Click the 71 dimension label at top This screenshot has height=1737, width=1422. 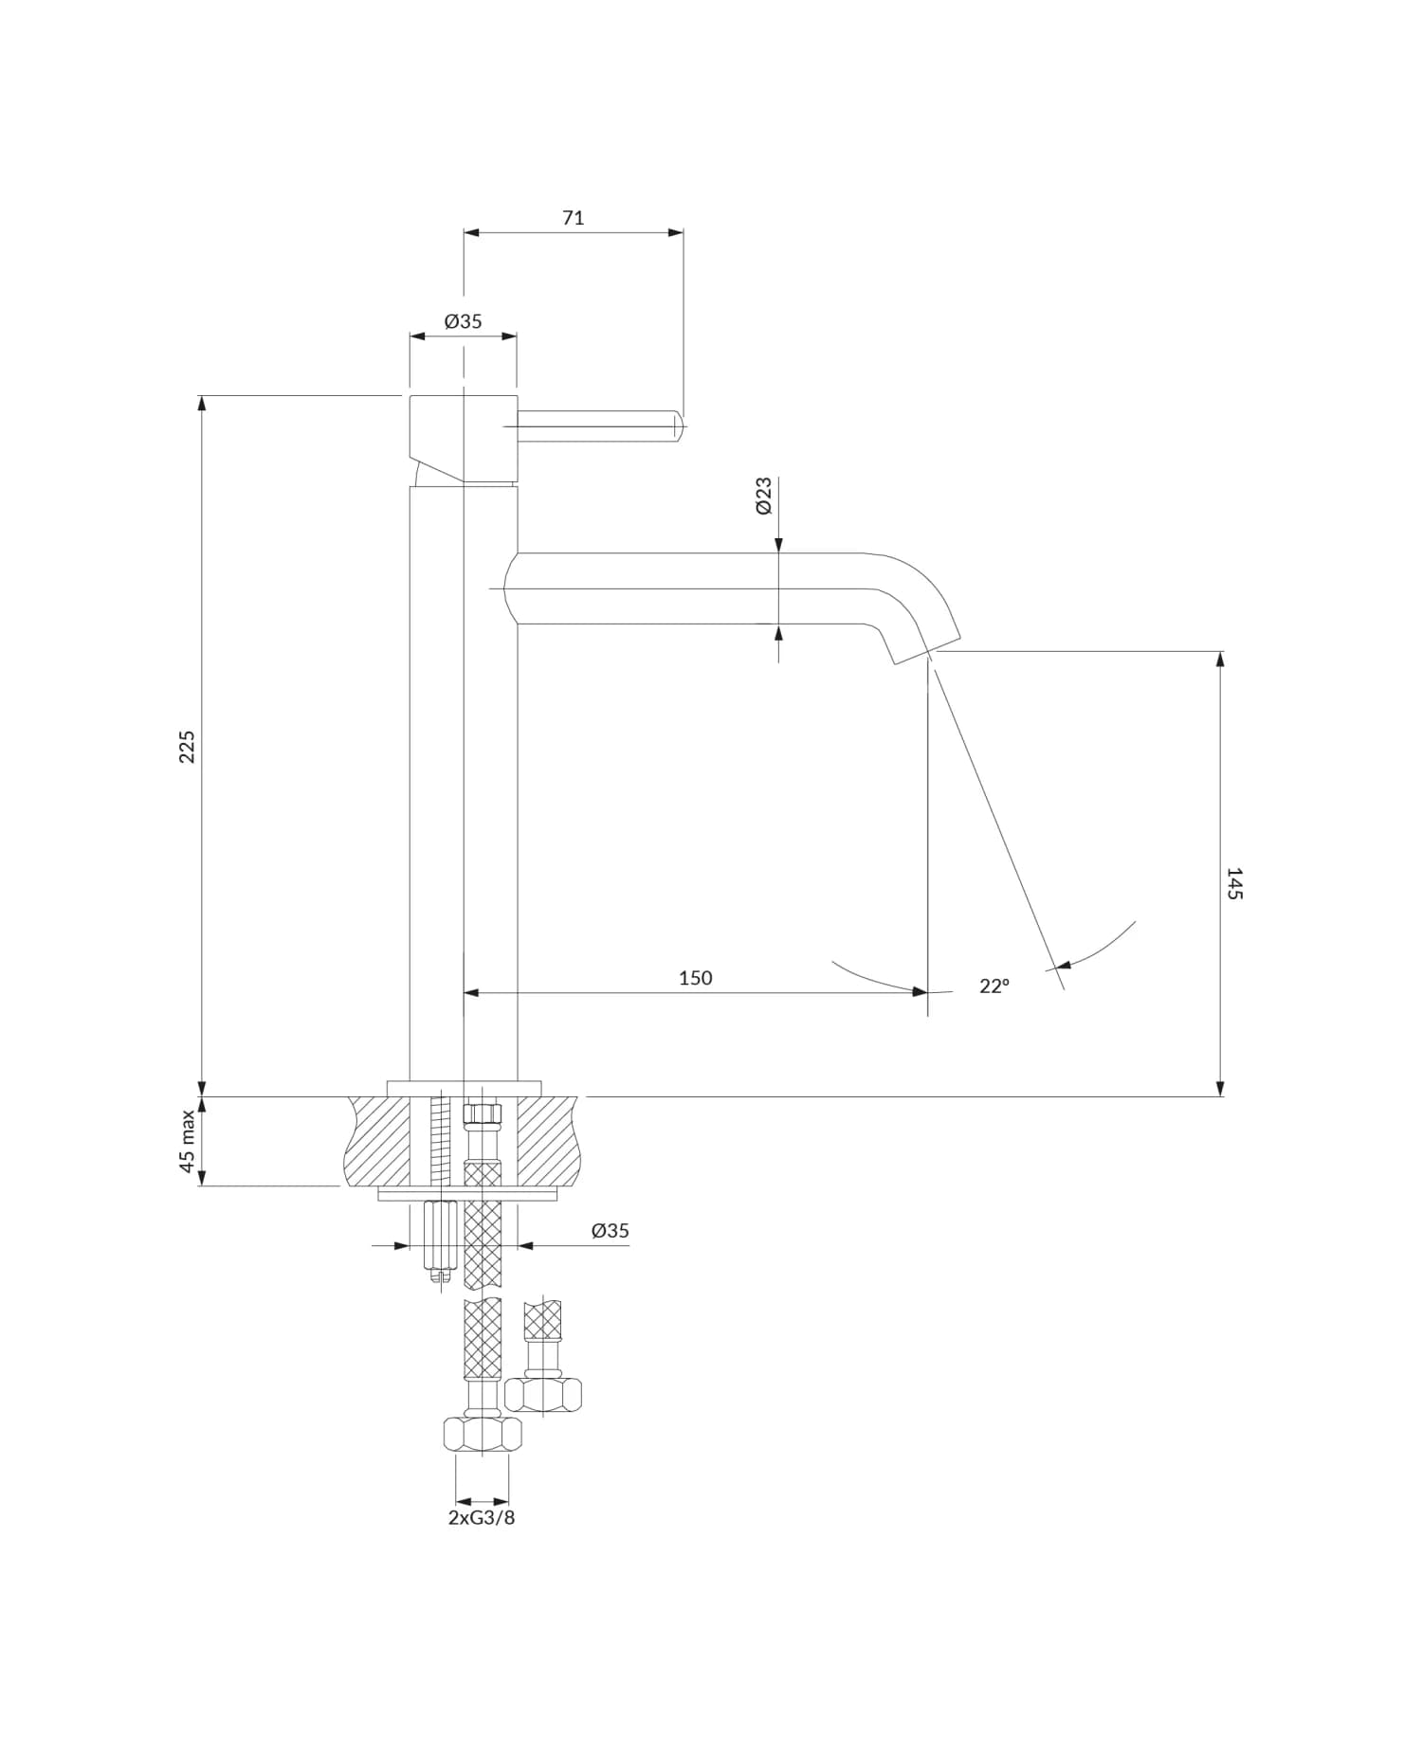click(574, 218)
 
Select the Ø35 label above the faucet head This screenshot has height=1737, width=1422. click(464, 321)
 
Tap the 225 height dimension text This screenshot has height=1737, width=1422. click(187, 747)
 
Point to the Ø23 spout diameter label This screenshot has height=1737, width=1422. click(764, 496)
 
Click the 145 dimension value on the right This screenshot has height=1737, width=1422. click(1234, 883)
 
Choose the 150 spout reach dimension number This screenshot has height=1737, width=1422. click(695, 978)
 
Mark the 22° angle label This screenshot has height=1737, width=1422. click(994, 986)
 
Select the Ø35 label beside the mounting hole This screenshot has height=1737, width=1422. click(610, 1231)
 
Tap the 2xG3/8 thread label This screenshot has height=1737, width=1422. click(482, 1517)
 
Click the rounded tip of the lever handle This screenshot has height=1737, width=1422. click(678, 426)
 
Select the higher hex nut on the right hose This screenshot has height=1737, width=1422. click(543, 1394)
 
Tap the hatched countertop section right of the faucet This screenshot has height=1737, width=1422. click(547, 1140)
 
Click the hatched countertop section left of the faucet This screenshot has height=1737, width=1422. click(379, 1140)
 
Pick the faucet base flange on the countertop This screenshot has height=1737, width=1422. click(464, 1088)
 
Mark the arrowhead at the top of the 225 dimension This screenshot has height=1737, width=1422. click(201, 403)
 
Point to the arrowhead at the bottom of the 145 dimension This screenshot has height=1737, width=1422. click(1221, 1089)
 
